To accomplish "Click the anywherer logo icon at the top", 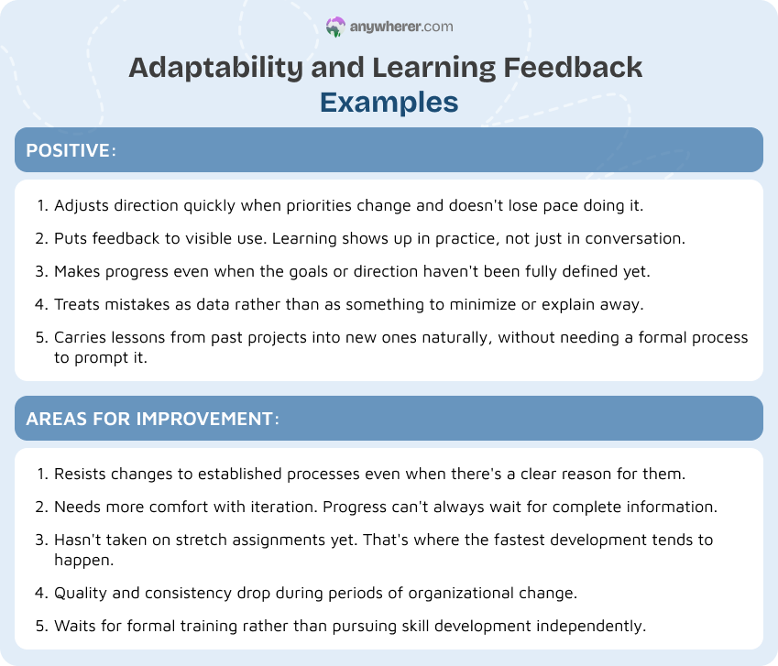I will click(x=336, y=27).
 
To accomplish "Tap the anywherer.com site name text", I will click(x=401, y=27).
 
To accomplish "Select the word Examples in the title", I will click(x=389, y=102).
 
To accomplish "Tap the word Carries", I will click(x=80, y=337).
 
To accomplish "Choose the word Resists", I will click(x=81, y=474).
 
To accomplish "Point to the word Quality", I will click(x=81, y=593).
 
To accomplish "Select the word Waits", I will click(x=75, y=626).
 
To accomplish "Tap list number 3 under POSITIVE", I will click(x=41, y=271).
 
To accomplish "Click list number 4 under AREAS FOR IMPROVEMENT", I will click(x=41, y=593).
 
